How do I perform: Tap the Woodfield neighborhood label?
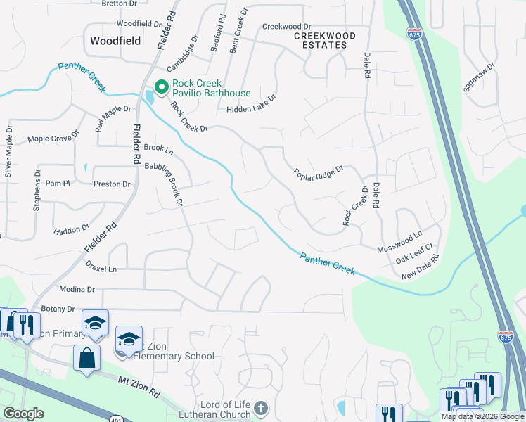point(117,41)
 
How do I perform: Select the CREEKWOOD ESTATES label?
point(324,40)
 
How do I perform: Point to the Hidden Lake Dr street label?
point(251,109)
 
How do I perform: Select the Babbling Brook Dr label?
point(164,183)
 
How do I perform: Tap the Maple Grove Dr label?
point(50,139)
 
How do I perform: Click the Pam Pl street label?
point(58,184)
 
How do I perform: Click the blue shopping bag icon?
point(87,357)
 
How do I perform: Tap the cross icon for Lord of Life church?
point(261,408)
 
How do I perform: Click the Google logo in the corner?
point(23,414)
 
